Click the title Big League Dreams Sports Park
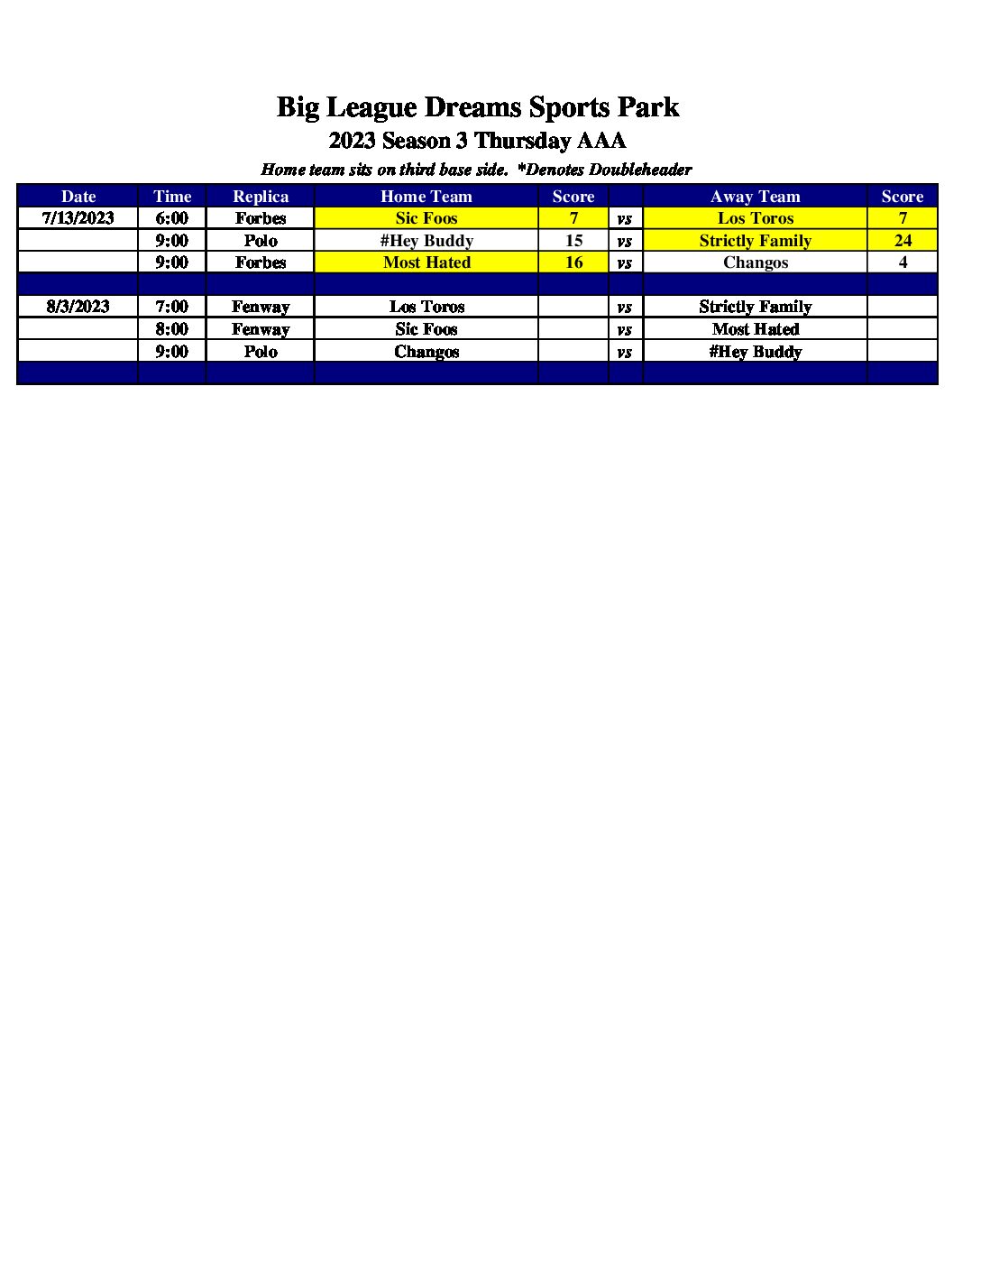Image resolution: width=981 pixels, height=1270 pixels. pos(477,107)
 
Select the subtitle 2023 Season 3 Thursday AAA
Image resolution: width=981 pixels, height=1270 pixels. pos(477,141)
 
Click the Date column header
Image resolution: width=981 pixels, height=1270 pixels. pos(78,197)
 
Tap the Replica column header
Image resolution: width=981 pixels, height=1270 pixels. pos(261,197)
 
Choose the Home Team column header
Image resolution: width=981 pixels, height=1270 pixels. pos(426,197)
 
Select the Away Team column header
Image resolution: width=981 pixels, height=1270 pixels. pos(755,197)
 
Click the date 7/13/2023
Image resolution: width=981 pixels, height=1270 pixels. pos(78,218)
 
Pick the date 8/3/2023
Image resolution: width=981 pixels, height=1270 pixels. pos(78,307)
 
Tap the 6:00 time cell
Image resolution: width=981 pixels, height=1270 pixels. pos(171,218)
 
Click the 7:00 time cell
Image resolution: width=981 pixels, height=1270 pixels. pos(171,307)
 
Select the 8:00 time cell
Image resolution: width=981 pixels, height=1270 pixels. pos(171,329)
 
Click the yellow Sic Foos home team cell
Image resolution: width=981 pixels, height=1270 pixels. pos(426,218)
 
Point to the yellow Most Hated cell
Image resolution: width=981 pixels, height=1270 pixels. pos(426,262)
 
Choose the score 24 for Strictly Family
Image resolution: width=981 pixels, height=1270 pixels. pos(903,241)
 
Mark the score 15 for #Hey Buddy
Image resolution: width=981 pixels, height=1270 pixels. pos(573,241)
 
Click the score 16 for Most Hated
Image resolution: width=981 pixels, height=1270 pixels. pos(573,262)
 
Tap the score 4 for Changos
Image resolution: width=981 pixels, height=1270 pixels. pos(903,262)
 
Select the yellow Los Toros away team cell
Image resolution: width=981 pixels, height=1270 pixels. pos(755,218)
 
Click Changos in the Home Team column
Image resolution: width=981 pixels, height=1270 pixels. pos(426,352)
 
